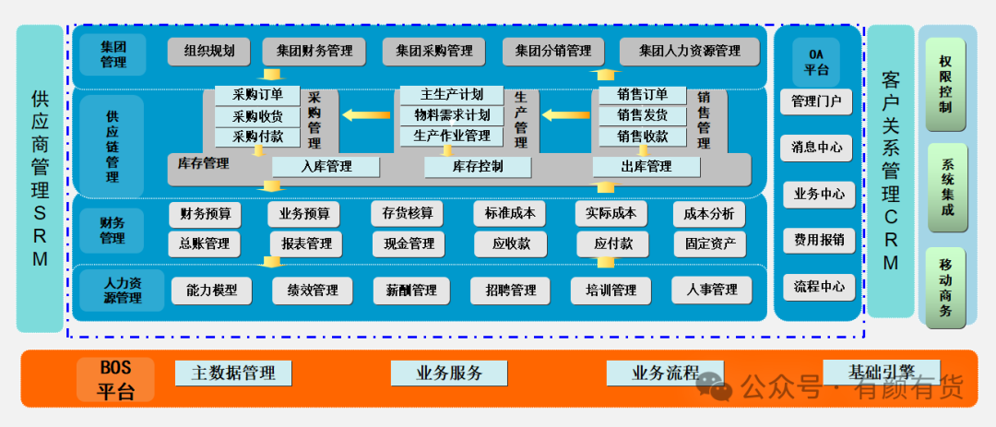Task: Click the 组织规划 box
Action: point(209,52)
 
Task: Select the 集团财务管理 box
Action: point(314,52)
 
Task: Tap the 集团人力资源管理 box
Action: point(690,52)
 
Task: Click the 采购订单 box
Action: point(257,95)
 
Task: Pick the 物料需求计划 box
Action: point(452,115)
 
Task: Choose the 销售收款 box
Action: point(643,136)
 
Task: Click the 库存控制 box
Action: point(478,167)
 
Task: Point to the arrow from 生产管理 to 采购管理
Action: point(366,115)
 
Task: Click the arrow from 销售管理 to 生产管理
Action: point(566,115)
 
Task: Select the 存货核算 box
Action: point(408,214)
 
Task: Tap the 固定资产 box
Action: point(710,244)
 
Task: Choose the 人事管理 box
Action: point(711,291)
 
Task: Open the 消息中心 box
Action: point(817,148)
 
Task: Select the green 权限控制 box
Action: point(946,85)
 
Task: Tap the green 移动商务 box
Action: point(946,287)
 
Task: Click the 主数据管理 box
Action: point(233,373)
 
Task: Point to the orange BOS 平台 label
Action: point(115,379)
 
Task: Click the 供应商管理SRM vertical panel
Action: point(40,179)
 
